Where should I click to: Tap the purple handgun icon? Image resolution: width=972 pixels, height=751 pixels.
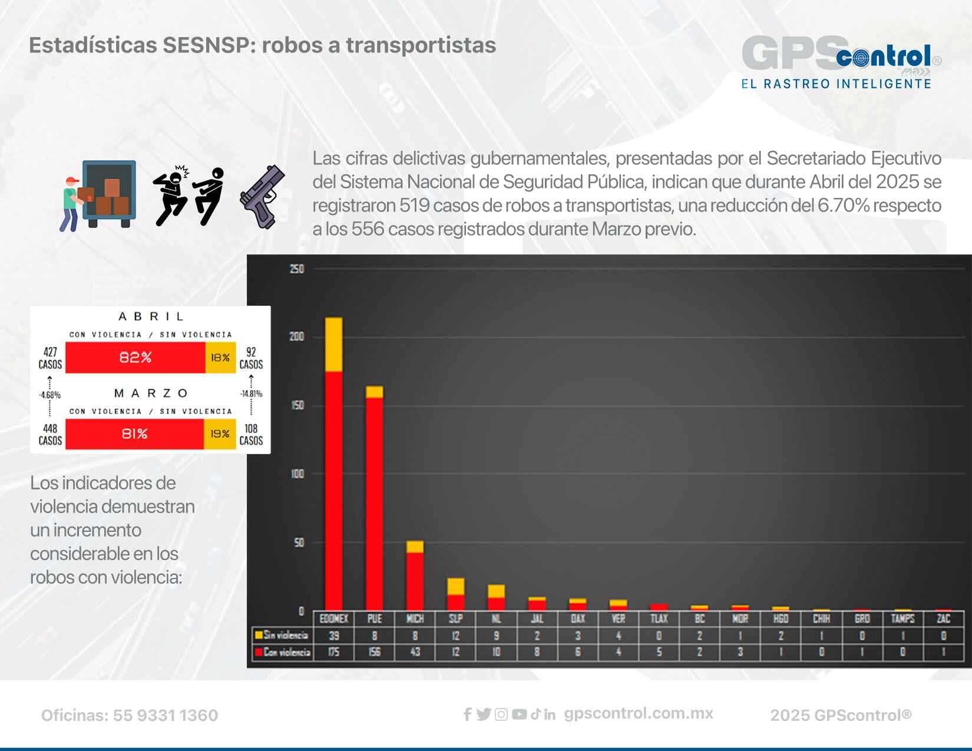pos(263,197)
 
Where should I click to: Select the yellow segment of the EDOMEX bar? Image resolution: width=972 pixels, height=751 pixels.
pos(333,345)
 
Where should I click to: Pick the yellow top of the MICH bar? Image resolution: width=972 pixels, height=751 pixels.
pos(415,547)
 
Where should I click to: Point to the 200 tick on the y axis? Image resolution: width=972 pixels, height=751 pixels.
pos(297,337)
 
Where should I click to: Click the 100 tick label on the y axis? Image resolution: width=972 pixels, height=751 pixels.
pos(297,474)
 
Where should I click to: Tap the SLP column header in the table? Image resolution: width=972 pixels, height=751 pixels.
pos(455,618)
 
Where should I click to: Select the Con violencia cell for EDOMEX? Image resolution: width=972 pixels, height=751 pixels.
pos(333,652)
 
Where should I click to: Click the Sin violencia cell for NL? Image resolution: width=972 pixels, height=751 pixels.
pos(496,636)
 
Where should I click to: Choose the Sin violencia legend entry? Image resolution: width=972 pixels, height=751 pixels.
pos(282,636)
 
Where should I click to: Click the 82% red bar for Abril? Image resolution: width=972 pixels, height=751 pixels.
pos(135,358)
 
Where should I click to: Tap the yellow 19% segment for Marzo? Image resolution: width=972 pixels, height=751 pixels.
pos(220,434)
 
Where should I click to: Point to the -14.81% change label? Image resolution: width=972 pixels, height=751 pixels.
pos(251,394)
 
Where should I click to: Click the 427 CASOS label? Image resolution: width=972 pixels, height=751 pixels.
pos(50,358)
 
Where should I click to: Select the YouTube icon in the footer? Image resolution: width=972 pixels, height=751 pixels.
pos(519,714)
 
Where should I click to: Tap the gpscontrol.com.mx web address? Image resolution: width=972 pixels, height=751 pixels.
pos(639,714)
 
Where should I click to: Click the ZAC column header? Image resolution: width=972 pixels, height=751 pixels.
pos(943,618)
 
